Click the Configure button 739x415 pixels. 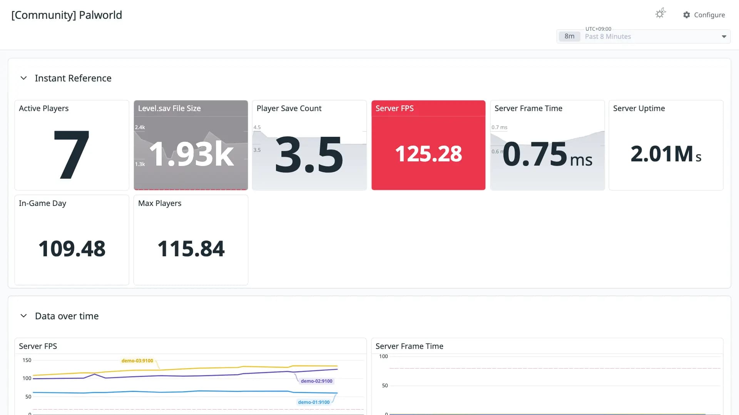point(704,15)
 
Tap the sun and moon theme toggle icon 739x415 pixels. point(660,13)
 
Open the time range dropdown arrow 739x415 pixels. point(724,37)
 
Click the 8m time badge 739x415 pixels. point(569,37)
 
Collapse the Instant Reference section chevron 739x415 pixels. point(23,78)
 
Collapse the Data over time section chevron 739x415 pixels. point(23,316)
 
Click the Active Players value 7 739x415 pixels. point(72,154)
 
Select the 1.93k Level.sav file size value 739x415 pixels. point(191,154)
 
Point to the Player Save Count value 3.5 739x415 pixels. point(309,154)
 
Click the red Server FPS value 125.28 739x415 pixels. point(428,154)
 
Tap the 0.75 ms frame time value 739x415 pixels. point(547,154)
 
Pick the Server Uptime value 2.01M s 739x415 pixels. point(666,154)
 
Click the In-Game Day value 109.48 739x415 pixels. point(72,249)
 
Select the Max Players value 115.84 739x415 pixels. point(191,249)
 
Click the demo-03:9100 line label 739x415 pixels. point(137,361)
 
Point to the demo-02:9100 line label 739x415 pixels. point(316,381)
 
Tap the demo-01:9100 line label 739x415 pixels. point(314,402)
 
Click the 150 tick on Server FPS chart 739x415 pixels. point(27,360)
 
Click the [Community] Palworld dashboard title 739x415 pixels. point(67,15)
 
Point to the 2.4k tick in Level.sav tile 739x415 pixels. point(140,127)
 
